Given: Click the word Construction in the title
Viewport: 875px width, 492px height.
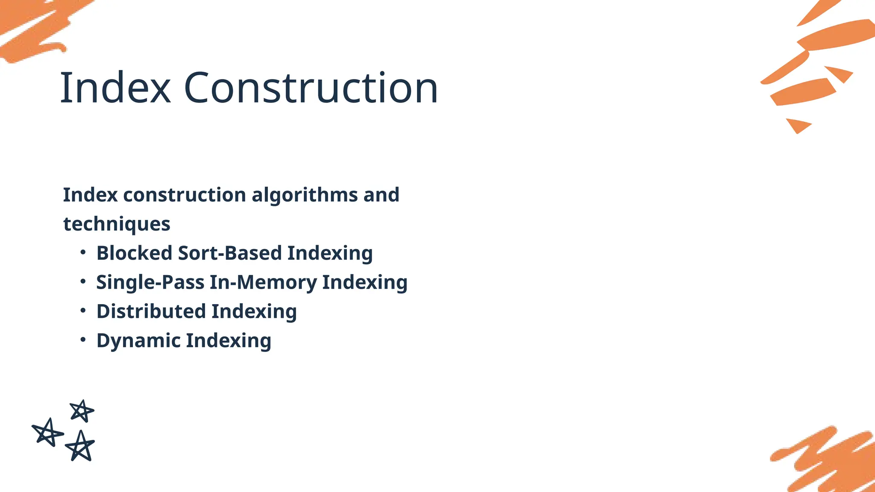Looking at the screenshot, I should click(x=311, y=88).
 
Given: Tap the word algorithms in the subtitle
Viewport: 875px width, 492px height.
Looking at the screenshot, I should click(x=304, y=195).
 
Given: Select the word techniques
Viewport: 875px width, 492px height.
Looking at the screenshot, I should click(x=117, y=224).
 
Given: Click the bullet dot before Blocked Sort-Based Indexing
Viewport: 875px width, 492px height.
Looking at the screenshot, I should click(x=83, y=252).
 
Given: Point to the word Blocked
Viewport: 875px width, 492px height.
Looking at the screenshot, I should click(x=134, y=253).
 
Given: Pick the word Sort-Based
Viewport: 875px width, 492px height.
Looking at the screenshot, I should click(x=229, y=253).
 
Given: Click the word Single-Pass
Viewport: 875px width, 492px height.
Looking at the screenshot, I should click(x=150, y=282).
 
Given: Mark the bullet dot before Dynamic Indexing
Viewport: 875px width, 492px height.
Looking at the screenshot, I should click(x=83, y=340).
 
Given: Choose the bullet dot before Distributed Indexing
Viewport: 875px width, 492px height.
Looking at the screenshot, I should click(x=83, y=311).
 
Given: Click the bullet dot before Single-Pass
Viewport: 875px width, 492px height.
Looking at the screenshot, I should click(x=83, y=282).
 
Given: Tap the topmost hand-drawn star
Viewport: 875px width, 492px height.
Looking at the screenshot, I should click(x=82, y=411).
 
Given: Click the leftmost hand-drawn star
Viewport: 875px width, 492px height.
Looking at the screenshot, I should click(x=47, y=433).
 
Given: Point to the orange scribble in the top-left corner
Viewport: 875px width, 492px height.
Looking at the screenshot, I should click(x=34, y=28).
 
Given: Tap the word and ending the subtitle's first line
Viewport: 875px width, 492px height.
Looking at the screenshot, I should click(x=381, y=195).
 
